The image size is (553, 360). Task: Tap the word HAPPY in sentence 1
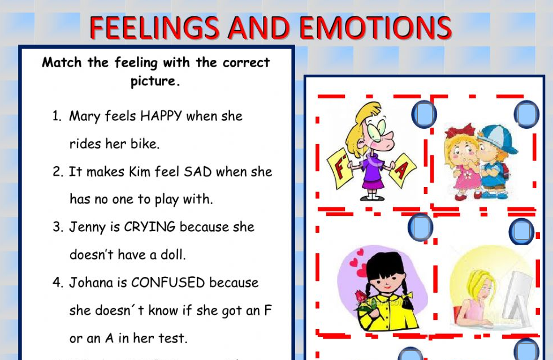[x=161, y=116]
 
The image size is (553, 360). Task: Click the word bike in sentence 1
[x=144, y=144]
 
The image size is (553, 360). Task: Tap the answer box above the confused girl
[x=424, y=115]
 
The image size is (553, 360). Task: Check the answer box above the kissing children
[x=526, y=114]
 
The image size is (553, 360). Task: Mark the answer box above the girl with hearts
[x=420, y=228]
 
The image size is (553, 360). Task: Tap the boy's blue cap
[x=498, y=138]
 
